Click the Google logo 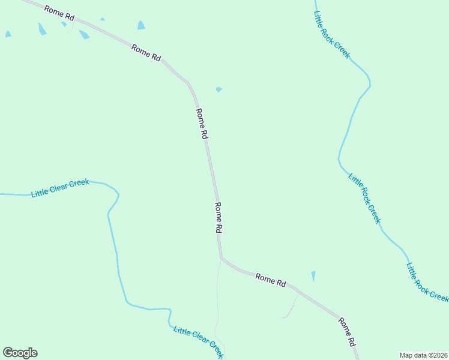[x=20, y=353]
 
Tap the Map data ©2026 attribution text [x=423, y=355]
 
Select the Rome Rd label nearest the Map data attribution [x=347, y=332]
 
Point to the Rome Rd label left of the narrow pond [x=270, y=280]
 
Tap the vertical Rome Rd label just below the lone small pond [x=202, y=124]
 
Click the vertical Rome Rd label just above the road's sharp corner [x=218, y=217]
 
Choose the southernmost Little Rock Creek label [x=427, y=283]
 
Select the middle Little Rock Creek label [x=364, y=198]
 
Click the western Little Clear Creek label [x=60, y=188]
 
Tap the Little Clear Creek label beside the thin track [x=198, y=343]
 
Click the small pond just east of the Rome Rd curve [x=219, y=89]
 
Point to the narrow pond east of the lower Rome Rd [x=313, y=276]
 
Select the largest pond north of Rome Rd [x=141, y=25]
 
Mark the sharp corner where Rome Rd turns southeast [x=221, y=258]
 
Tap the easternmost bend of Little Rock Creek [x=369, y=84]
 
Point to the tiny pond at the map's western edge [x=8, y=35]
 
